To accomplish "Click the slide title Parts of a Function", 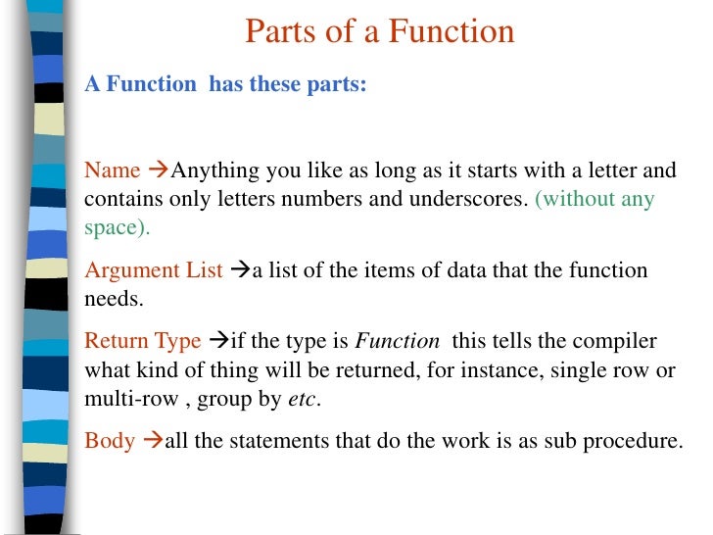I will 379,32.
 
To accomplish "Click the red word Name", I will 113,170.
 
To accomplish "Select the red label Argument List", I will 154,270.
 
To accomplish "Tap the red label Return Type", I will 143,341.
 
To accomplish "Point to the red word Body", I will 110,440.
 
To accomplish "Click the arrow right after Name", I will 157,170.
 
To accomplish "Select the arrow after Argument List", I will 239,270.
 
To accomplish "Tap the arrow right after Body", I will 151,440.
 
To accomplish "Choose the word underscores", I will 471,200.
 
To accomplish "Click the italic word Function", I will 398,341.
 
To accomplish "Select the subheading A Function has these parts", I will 225,84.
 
